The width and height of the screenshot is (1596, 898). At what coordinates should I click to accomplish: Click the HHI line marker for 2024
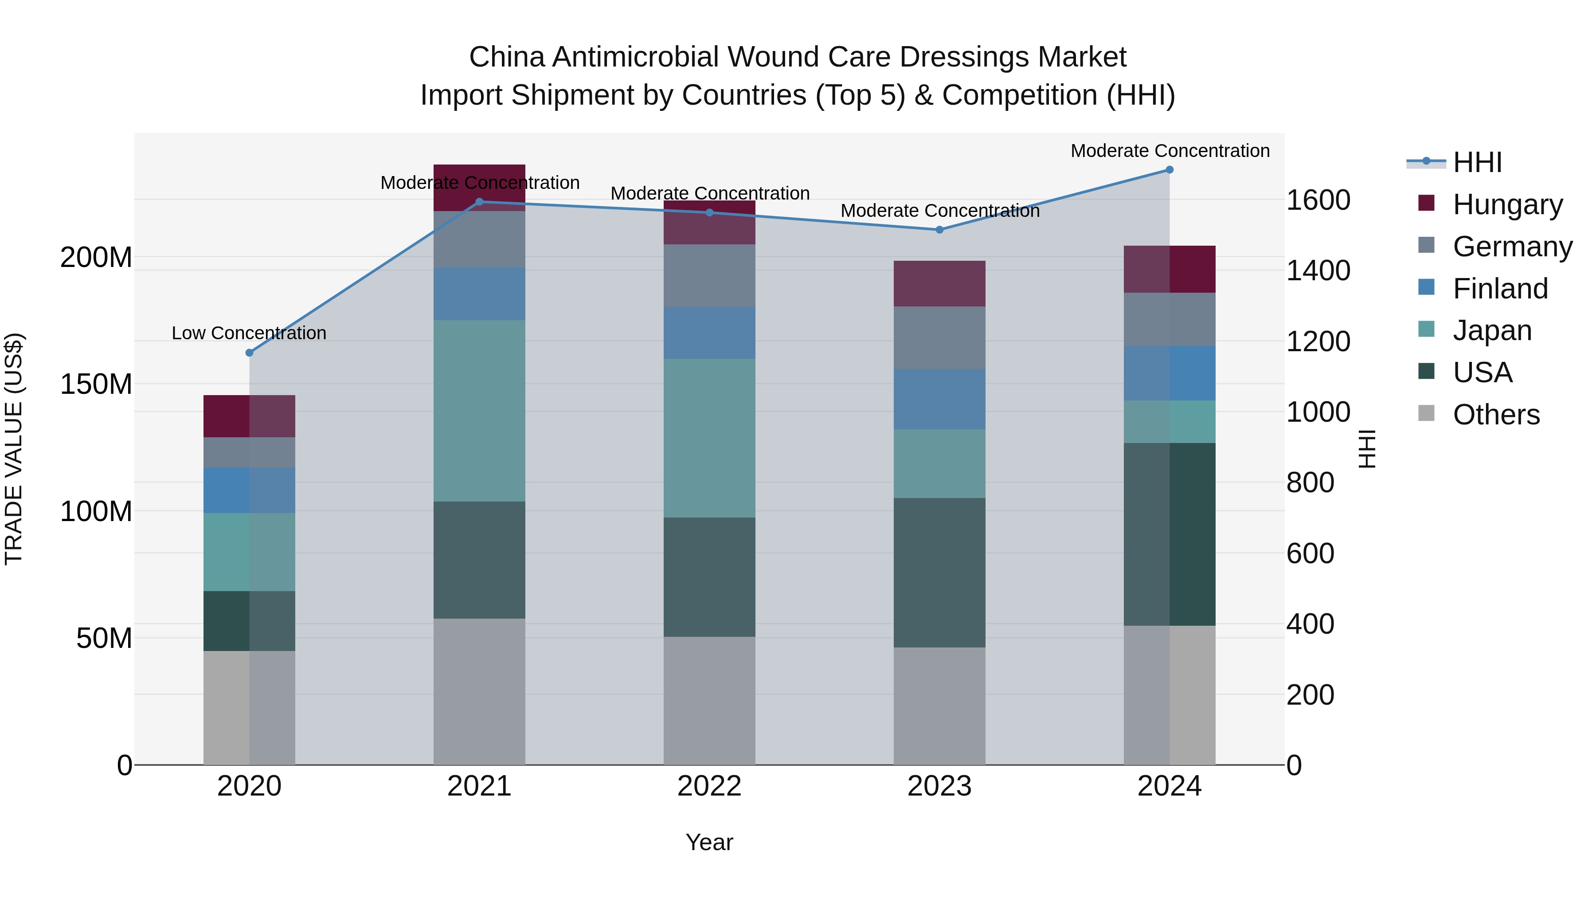click(x=1169, y=170)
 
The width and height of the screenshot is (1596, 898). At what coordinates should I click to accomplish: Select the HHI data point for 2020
click(x=250, y=353)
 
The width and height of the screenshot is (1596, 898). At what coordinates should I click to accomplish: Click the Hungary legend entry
click(x=1507, y=204)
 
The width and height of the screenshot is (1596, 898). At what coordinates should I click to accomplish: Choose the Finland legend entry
click(x=1499, y=288)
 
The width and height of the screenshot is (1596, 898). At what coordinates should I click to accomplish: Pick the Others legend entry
click(x=1496, y=415)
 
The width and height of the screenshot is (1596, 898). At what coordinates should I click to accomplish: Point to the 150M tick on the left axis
click(x=96, y=384)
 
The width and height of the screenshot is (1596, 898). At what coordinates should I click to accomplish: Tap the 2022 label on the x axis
click(x=709, y=786)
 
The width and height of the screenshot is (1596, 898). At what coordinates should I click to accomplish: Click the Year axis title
click(x=709, y=842)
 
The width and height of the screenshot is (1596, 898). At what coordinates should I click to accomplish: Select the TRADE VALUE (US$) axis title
click(x=14, y=449)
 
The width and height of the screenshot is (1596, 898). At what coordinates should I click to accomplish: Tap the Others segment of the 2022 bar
click(x=709, y=700)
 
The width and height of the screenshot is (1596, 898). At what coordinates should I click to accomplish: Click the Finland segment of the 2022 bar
click(x=709, y=332)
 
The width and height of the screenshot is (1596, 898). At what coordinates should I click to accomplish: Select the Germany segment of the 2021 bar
click(x=479, y=239)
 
